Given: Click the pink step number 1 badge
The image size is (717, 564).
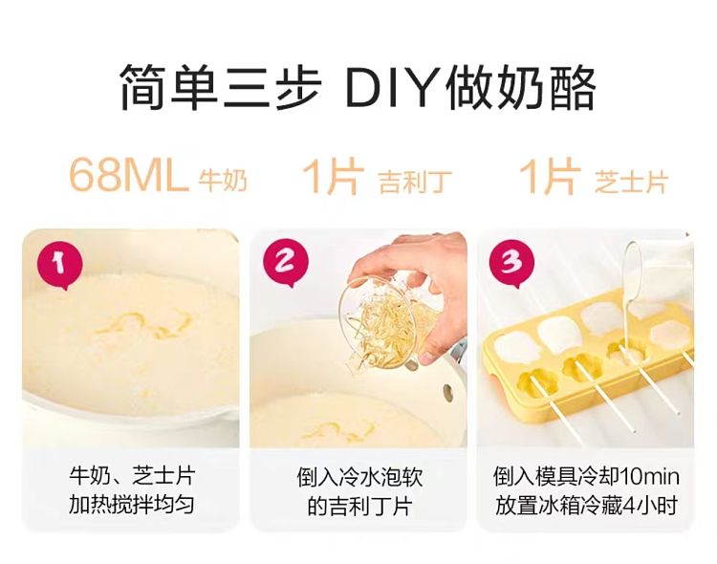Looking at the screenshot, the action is [x=60, y=266].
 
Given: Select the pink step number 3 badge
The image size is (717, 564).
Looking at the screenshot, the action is [x=511, y=263].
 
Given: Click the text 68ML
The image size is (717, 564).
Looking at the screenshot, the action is [x=128, y=176].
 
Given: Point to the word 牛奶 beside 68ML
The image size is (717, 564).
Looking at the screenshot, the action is [x=223, y=181].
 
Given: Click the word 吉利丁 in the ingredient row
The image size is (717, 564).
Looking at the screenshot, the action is [x=415, y=182].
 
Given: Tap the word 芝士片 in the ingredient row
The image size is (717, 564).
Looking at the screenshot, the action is [x=632, y=181].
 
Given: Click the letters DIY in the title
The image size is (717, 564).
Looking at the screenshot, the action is [x=393, y=87].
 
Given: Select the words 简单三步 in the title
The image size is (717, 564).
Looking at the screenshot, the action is [x=221, y=87].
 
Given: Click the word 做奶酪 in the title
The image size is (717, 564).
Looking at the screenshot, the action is [x=521, y=87].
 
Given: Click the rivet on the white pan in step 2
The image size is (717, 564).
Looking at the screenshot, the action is [x=447, y=392].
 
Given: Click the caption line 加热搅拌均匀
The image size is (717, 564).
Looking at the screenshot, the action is [x=132, y=505].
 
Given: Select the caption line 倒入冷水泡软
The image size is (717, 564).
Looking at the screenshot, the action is [x=359, y=478].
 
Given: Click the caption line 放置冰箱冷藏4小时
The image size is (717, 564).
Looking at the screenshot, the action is [x=586, y=505].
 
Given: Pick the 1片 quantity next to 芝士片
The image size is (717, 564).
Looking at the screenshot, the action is [x=550, y=176].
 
